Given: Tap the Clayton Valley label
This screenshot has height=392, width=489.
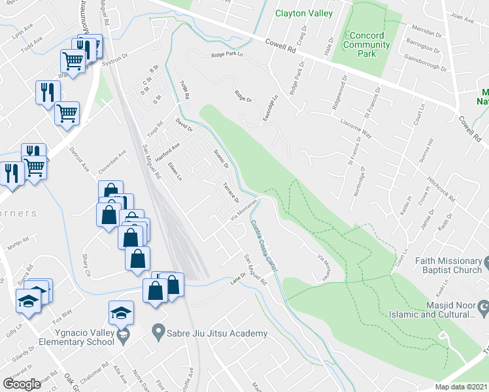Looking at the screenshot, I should pyautogui.click(x=304, y=13).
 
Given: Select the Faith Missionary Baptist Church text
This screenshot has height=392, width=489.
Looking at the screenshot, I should pyautogui.click(x=448, y=265).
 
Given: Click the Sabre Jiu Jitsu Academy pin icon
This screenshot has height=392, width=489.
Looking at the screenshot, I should pyautogui.click(x=158, y=333).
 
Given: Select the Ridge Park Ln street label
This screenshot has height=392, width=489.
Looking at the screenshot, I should pyautogui.click(x=227, y=56).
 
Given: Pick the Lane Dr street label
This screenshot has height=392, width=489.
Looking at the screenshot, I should pyautogui.click(x=237, y=278).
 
